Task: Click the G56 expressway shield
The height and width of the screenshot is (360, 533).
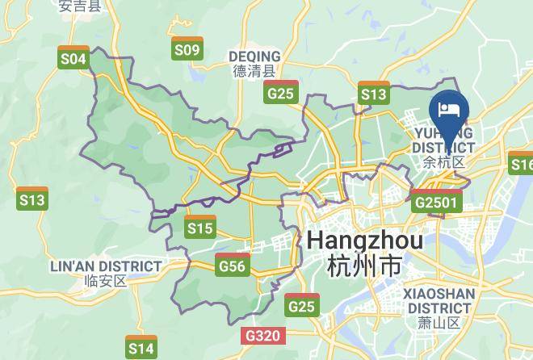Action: tap(233, 264)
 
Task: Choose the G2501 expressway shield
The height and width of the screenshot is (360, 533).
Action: tap(436, 201)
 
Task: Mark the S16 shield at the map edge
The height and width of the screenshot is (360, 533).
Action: tap(522, 164)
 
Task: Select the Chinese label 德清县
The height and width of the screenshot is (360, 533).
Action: tap(254, 71)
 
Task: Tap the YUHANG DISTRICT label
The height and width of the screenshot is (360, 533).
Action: tap(443, 140)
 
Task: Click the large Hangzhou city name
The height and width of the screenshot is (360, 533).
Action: tap(365, 241)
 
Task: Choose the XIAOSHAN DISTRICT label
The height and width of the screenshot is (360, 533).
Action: tap(437, 300)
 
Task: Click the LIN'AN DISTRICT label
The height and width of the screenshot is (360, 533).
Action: tap(107, 266)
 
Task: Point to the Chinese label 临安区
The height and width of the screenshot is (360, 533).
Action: tap(106, 282)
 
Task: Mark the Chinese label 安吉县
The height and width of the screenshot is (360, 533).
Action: tap(80, 6)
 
